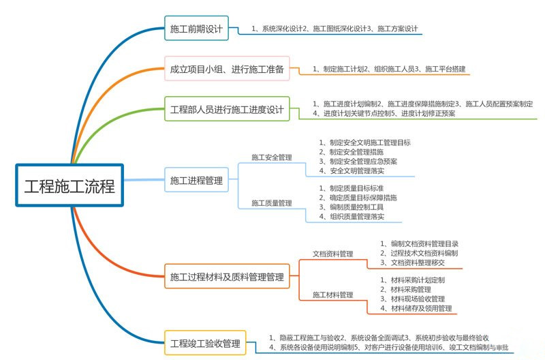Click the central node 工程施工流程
69,185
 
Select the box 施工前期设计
196,30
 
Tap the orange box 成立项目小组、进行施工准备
227,69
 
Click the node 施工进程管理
196,181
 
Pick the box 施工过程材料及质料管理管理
227,277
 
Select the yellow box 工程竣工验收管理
205,342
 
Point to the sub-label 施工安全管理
271,157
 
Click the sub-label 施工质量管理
271,202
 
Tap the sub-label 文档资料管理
332,254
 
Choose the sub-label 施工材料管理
332,295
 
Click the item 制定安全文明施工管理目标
369,142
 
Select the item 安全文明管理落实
360,170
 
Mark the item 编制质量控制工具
360,207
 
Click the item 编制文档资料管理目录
423,243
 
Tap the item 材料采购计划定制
419,280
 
